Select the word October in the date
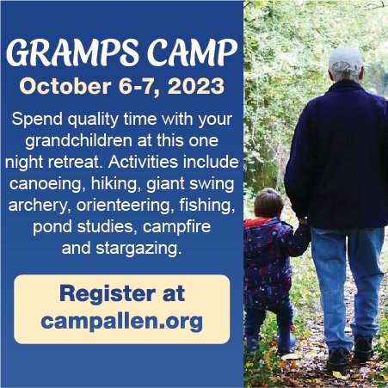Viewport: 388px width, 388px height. point(60,87)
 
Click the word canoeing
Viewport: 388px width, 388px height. point(48,184)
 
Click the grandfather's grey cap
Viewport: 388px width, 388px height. point(345,58)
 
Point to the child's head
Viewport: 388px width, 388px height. point(268,203)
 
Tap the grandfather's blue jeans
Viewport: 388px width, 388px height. point(344,275)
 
